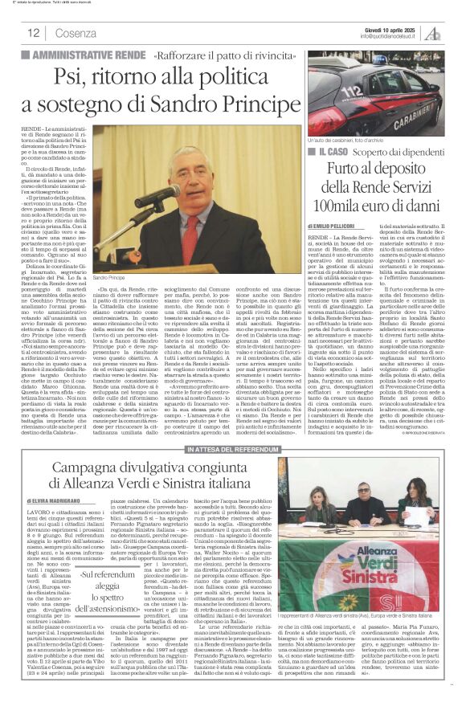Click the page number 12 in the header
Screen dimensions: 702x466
pos(35,33)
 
